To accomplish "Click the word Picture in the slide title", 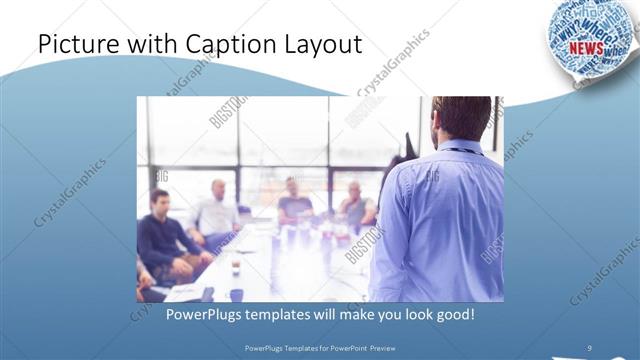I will pos(74,45).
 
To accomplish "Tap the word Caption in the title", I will pos(221,45).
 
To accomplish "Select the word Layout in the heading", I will pos(322,45).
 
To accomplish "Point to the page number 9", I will pos(590,347).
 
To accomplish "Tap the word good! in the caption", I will pos(453,314).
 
